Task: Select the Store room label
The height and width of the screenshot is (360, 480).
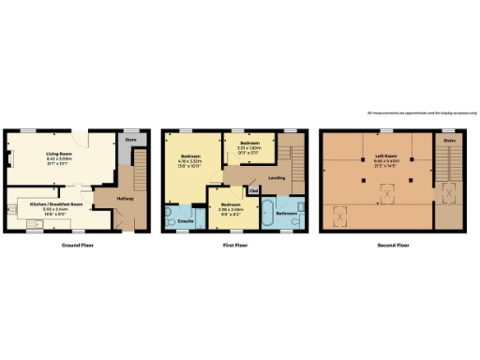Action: click(130, 142)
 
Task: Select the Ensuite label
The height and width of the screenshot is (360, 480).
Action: click(186, 221)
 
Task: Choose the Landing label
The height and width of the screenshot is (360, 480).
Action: click(277, 178)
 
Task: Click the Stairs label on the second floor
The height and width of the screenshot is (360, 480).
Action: click(450, 142)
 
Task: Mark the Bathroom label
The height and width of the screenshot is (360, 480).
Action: click(286, 215)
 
